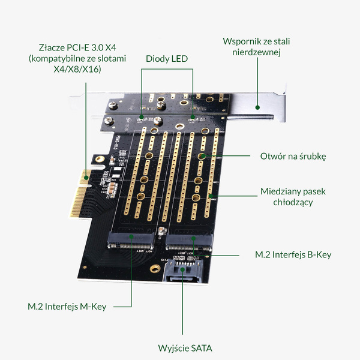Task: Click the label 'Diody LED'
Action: (167, 59)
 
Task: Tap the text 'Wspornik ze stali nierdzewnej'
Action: (252, 47)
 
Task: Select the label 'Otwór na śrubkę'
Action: (293, 155)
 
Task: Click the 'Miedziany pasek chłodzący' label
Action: (293, 197)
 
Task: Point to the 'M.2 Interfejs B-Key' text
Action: (293, 254)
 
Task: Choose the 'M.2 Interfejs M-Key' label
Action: (67, 307)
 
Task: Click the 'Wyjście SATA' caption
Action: (185, 348)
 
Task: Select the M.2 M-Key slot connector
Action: (130, 244)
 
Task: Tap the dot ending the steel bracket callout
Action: (257, 108)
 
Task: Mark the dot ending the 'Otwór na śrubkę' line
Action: (203, 156)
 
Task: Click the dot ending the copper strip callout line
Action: (210, 196)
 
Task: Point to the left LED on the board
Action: (142, 116)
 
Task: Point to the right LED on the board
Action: (193, 116)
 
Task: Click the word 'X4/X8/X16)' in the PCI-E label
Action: (77, 70)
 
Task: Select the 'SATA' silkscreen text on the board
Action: (169, 259)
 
